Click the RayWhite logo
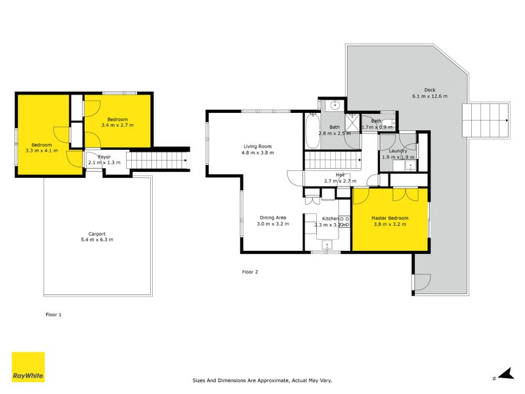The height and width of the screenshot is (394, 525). coord(28,367)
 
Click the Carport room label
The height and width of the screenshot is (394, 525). coord(96,234)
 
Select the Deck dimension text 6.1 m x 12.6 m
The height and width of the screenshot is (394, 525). coord(429,97)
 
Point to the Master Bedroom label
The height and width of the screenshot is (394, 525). coord(390,218)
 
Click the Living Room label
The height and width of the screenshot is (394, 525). coord(257,146)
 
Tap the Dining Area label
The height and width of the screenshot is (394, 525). coord(272,217)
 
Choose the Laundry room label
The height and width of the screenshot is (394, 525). coord(397,151)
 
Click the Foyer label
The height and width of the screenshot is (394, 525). coord(104,157)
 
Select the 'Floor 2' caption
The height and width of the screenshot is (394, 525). coord(250,271)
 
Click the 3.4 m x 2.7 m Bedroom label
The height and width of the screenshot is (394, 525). coord(117,119)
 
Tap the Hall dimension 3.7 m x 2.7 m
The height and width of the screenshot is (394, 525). coord(340,181)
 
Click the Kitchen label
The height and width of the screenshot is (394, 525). coord(330,218)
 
